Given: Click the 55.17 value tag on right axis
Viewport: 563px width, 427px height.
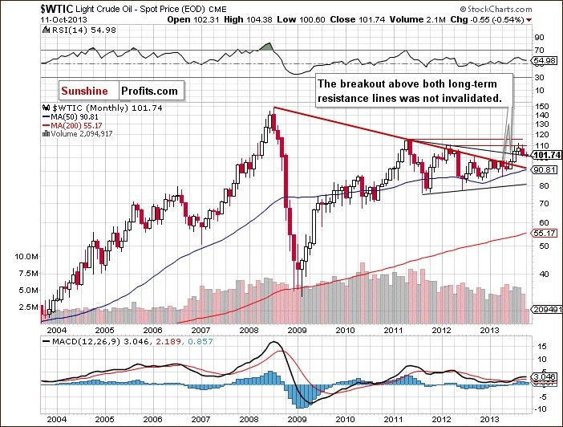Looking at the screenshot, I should tap(542, 232).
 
